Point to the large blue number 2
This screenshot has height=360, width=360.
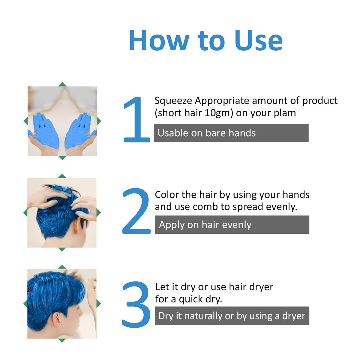pos(136,211)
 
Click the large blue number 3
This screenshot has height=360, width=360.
pos(136,304)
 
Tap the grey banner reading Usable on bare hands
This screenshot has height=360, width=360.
pos(231,133)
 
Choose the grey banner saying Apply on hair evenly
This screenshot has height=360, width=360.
pos(232,225)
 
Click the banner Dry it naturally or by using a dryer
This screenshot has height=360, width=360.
pos(232,316)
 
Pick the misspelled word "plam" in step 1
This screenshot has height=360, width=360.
pos(285,113)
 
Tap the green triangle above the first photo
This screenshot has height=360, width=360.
pos(62,84)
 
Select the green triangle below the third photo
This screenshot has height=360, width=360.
pos(62,340)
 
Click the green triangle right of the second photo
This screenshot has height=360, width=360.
pos(99,213)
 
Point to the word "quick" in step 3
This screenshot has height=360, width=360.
pos(191,299)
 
